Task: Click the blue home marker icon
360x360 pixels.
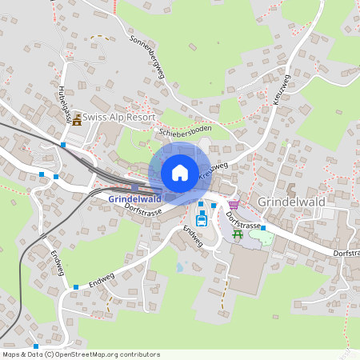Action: [179, 172]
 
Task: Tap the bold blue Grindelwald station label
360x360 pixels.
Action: [135, 198]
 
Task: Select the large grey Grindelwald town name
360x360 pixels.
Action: [290, 202]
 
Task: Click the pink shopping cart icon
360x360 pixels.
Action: [233, 205]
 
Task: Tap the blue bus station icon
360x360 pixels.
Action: [202, 220]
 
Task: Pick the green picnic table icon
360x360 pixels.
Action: [238, 234]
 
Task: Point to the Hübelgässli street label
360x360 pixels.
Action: [66, 102]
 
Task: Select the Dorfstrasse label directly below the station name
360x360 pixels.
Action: [144, 210]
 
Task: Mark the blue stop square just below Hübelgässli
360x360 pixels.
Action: [63, 145]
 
